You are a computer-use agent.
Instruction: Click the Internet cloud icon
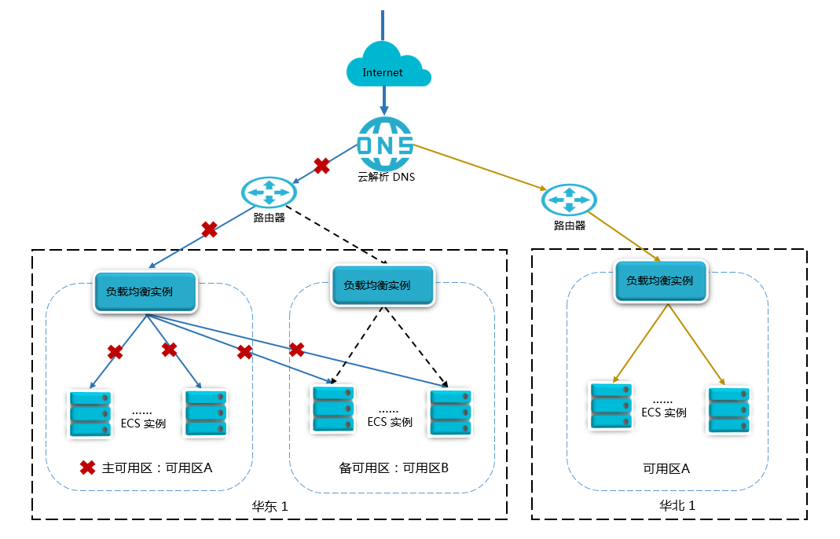click(387, 68)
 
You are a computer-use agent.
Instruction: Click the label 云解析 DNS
click(386, 177)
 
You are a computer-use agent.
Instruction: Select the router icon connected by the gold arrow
click(566, 200)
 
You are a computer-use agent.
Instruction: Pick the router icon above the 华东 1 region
click(269, 192)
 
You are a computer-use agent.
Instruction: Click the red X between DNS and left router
click(321, 166)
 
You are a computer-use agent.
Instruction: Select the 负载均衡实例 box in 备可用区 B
click(383, 285)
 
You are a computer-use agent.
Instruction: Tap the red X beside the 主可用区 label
click(88, 467)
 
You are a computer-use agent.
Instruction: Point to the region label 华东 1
click(270, 507)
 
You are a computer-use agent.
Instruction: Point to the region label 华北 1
click(677, 506)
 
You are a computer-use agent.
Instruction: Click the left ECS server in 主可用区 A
click(90, 414)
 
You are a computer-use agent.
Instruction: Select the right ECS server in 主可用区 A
click(207, 413)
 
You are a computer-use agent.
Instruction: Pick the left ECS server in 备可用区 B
click(333, 409)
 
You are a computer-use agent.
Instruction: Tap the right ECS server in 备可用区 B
click(450, 412)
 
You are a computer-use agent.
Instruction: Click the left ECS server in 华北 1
click(611, 405)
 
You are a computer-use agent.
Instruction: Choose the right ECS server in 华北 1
click(728, 410)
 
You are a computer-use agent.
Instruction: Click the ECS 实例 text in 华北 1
click(664, 412)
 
